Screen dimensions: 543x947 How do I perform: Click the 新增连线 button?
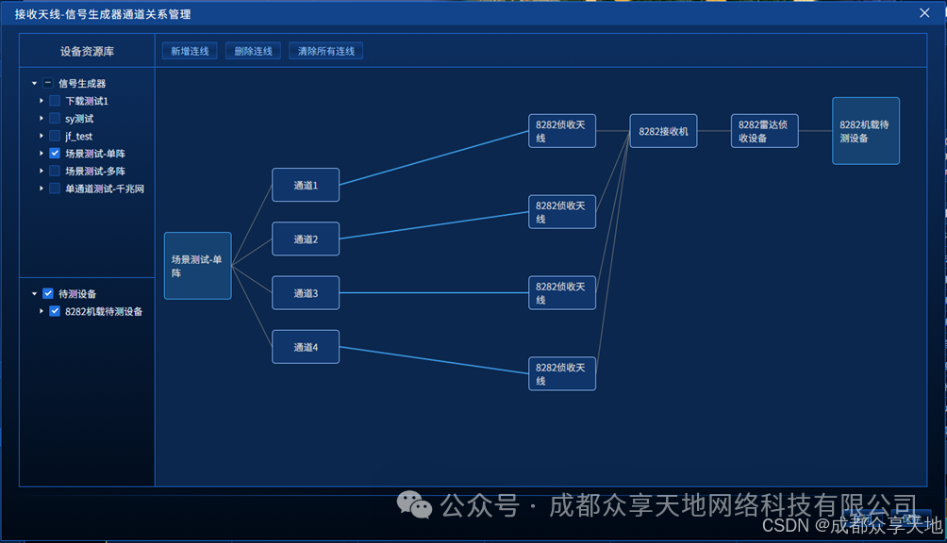pyautogui.click(x=190, y=51)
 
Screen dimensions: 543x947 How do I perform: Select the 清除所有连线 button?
pyautogui.click(x=325, y=51)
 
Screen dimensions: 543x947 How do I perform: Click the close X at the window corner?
pyautogui.click(x=924, y=13)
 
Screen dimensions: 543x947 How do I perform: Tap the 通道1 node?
pyautogui.click(x=305, y=185)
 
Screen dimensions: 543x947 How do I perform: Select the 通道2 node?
pyautogui.click(x=305, y=239)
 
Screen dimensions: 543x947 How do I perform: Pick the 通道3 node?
pyautogui.click(x=305, y=292)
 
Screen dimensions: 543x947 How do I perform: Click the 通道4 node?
pyautogui.click(x=305, y=347)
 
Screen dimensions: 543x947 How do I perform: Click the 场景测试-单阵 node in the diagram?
pyautogui.click(x=197, y=266)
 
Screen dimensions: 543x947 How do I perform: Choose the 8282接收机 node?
pyautogui.click(x=663, y=131)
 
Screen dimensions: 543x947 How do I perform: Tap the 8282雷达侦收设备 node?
pyautogui.click(x=764, y=131)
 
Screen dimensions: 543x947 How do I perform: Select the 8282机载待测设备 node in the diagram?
pyautogui.click(x=865, y=131)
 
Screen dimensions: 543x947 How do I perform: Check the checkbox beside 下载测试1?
pyautogui.click(x=55, y=101)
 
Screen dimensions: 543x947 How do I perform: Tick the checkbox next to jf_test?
pyautogui.click(x=55, y=136)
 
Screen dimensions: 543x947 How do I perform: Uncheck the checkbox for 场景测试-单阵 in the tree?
pyautogui.click(x=55, y=153)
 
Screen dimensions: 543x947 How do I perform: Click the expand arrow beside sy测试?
pyautogui.click(x=42, y=118)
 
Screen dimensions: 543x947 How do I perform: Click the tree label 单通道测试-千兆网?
pyautogui.click(x=104, y=189)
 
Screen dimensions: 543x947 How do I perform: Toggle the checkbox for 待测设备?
pyautogui.click(x=48, y=293)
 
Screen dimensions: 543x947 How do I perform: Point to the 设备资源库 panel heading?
pyautogui.click(x=87, y=52)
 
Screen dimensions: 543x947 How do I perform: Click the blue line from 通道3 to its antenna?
pyautogui.click(x=434, y=292)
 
